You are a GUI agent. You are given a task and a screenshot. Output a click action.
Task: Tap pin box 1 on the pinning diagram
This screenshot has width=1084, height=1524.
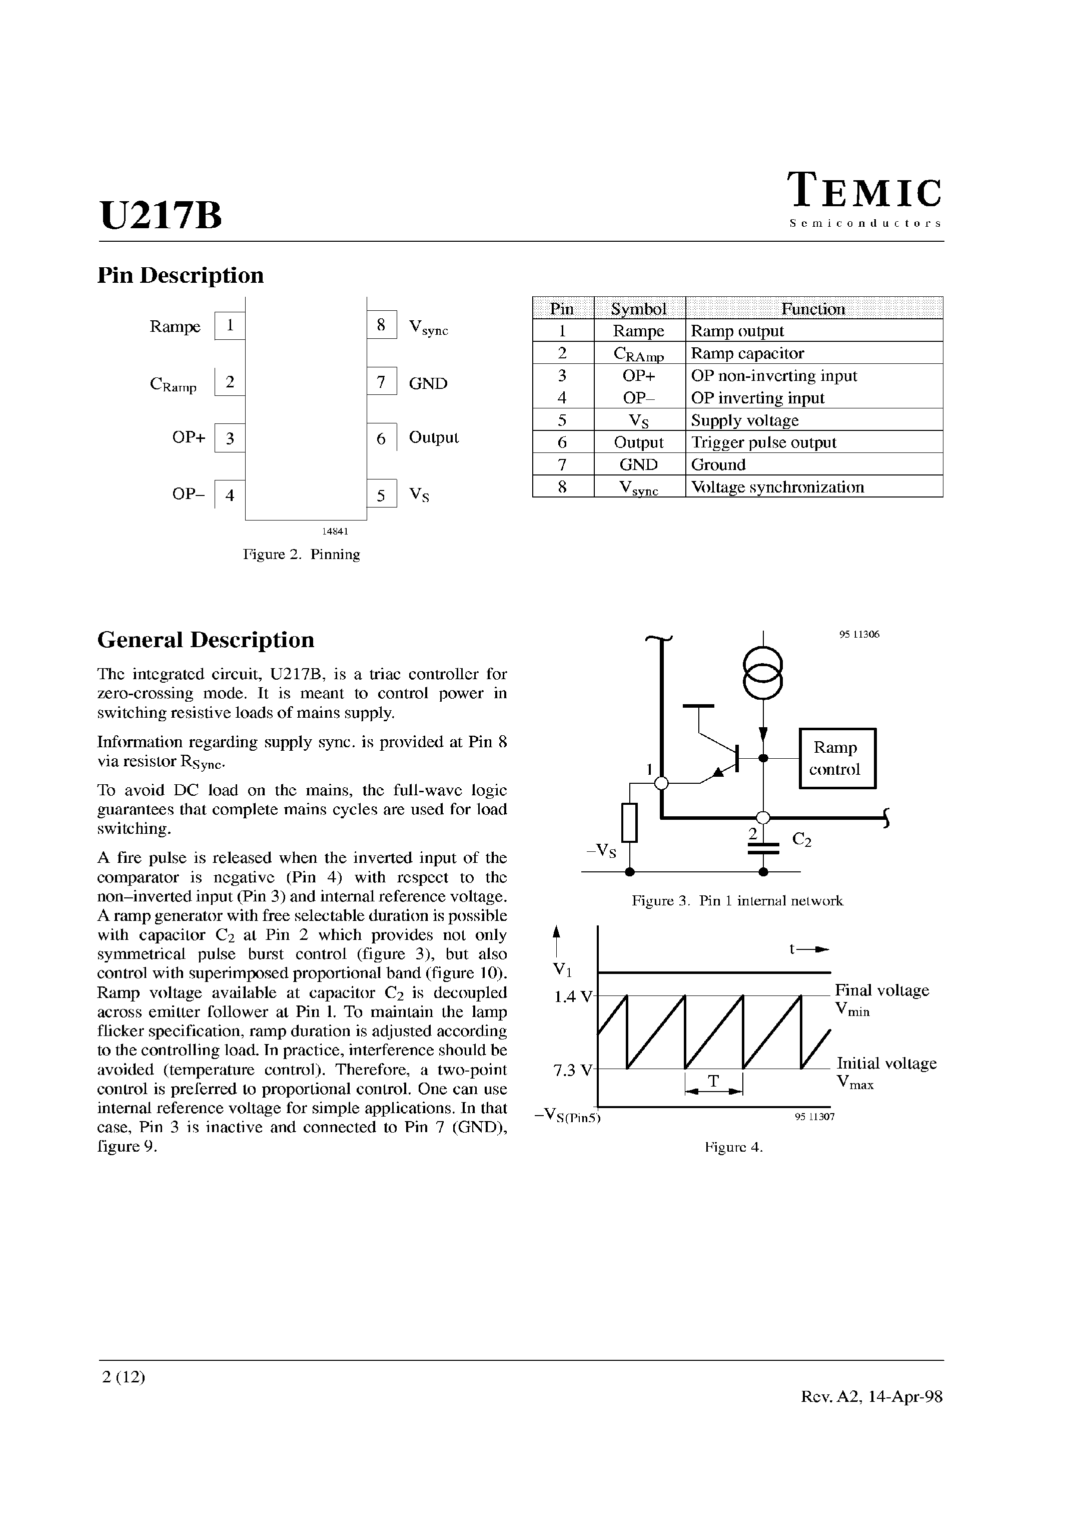click(x=230, y=326)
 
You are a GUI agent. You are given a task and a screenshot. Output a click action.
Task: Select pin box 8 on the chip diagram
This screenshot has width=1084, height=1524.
click(x=381, y=325)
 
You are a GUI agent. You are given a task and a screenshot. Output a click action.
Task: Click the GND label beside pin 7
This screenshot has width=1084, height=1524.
click(x=428, y=383)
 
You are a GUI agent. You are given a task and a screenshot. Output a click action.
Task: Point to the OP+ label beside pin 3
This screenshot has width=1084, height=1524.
click(x=188, y=437)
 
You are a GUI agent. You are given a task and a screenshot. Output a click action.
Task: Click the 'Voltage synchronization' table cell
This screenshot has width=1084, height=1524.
click(x=777, y=487)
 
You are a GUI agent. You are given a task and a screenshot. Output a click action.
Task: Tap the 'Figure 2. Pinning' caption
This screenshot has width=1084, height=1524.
click(x=302, y=555)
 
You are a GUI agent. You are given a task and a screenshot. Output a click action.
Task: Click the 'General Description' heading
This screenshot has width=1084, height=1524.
click(x=206, y=640)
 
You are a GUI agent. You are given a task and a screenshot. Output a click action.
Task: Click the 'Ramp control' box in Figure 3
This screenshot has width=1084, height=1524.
click(x=837, y=758)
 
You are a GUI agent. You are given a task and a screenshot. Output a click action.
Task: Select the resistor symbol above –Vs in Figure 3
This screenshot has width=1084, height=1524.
click(x=629, y=823)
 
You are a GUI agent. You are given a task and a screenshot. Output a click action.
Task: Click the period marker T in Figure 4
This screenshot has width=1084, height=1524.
click(x=713, y=1081)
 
